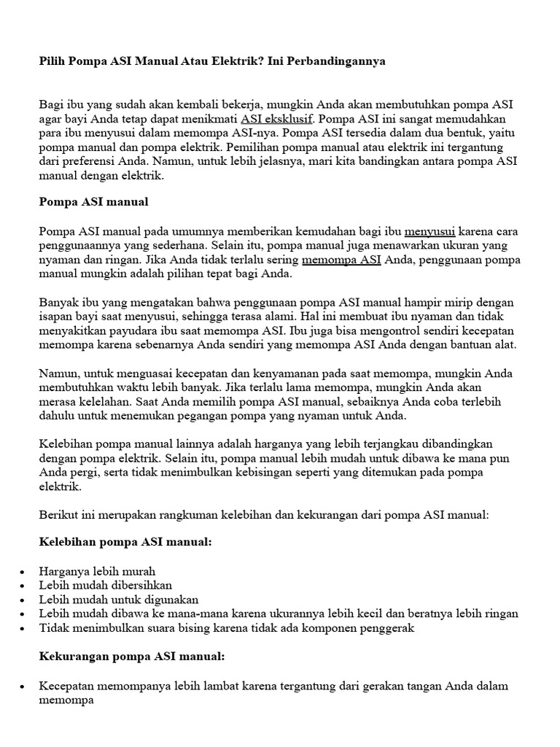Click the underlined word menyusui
point(429,232)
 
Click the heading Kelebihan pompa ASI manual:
point(125,543)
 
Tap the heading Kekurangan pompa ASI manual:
point(131,657)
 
